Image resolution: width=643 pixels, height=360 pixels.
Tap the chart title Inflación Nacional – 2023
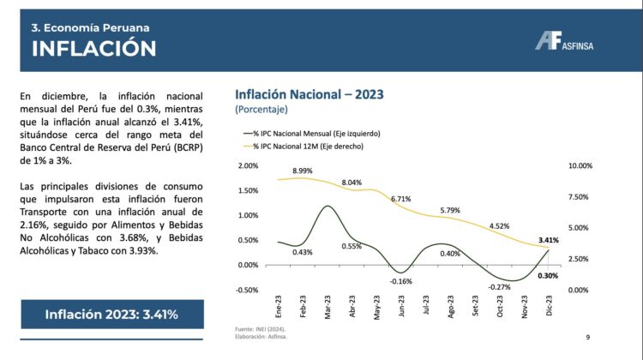tap(309, 94)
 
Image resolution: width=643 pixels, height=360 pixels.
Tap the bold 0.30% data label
tap(548, 276)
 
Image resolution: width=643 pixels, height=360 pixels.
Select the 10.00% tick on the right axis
tap(580, 166)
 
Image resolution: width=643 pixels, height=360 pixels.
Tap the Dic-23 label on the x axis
tap(549, 309)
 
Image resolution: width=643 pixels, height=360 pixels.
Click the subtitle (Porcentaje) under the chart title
tap(261, 110)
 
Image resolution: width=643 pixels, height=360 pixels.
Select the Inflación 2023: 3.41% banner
tap(111, 315)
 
